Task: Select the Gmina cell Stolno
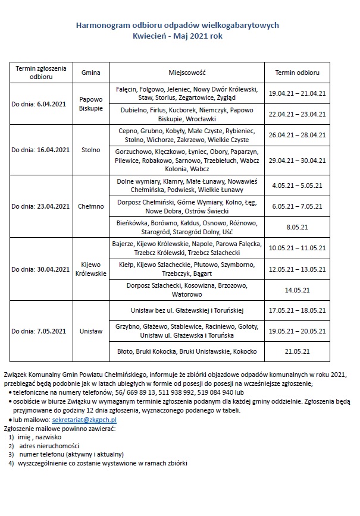(91, 150)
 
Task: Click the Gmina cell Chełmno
(91, 206)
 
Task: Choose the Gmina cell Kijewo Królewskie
(91, 269)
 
